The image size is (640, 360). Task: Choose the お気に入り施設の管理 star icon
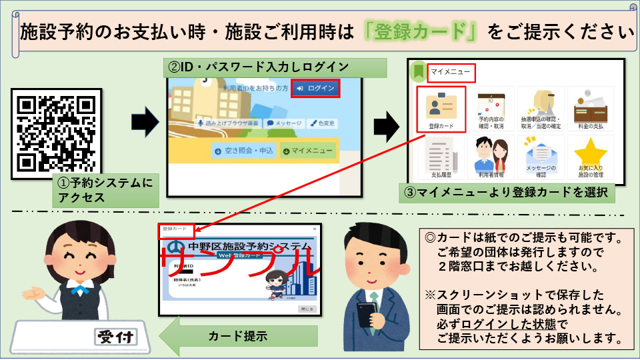[x=590, y=157]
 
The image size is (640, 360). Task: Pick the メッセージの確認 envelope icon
[x=541, y=157]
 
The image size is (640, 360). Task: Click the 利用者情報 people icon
[x=491, y=157]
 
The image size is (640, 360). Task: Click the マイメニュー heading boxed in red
[x=451, y=72]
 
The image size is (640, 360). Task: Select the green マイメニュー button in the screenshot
[x=307, y=151]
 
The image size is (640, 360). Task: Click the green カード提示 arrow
[x=230, y=336]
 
